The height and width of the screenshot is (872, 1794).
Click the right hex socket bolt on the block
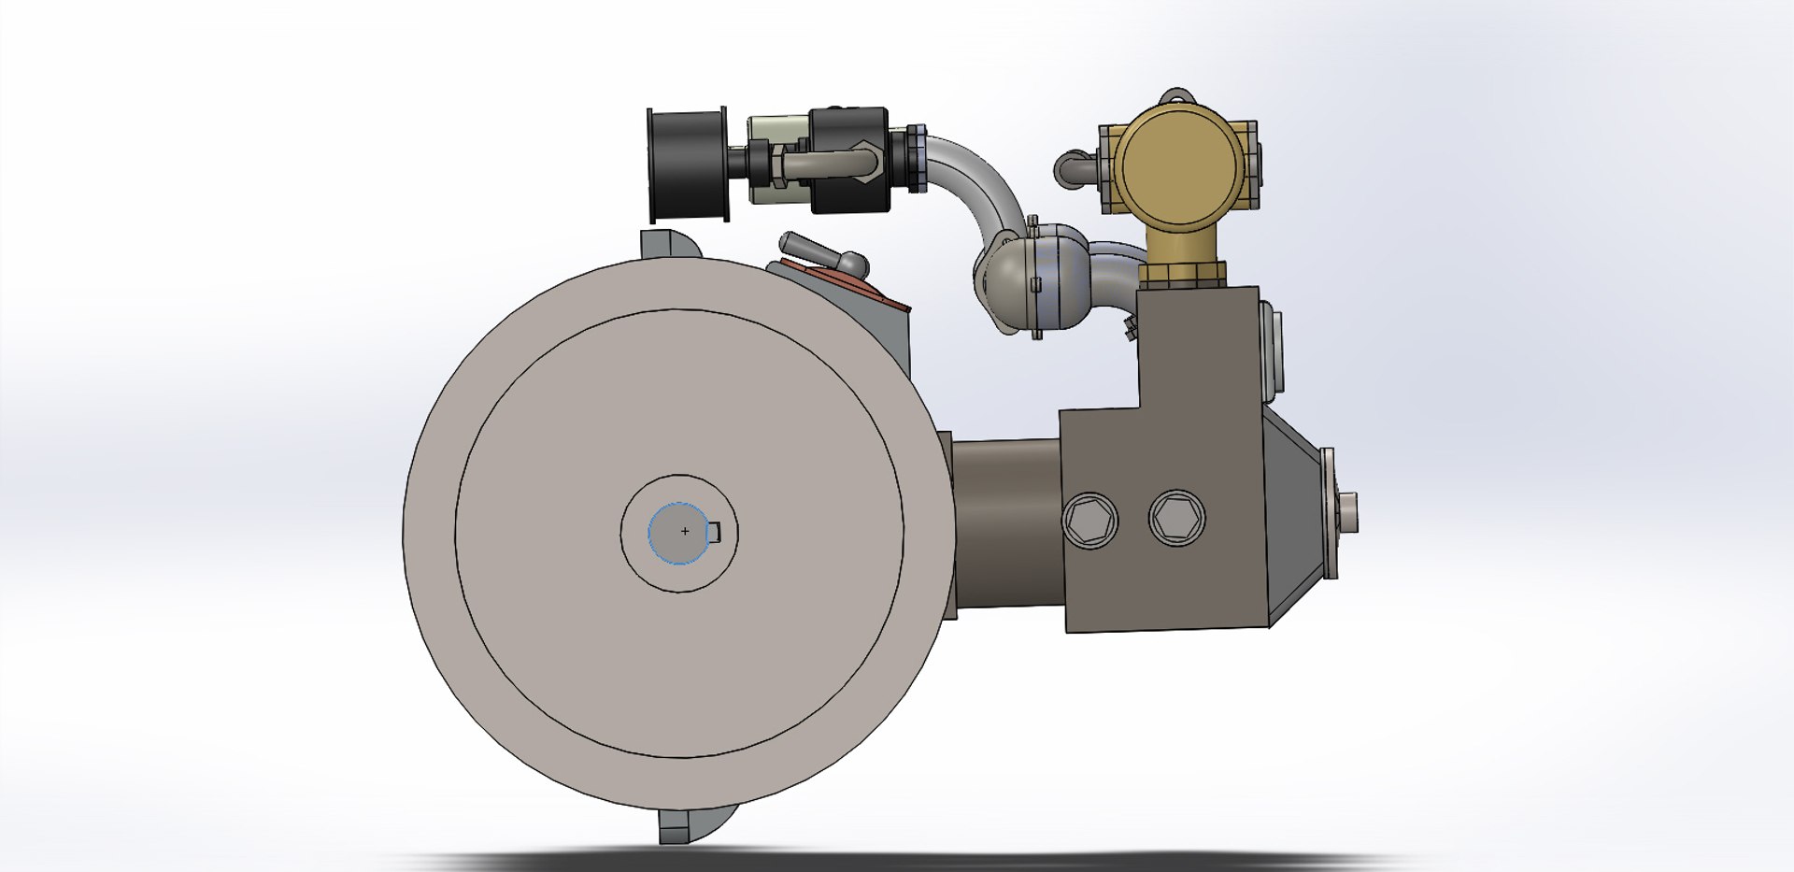pos(1176,518)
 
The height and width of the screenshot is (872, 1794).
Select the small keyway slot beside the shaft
pos(714,532)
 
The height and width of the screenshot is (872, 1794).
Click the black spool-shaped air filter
pos(689,164)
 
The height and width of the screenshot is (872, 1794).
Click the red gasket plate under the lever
pos(841,280)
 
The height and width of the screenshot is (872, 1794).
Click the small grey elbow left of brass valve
pos(1075,169)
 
